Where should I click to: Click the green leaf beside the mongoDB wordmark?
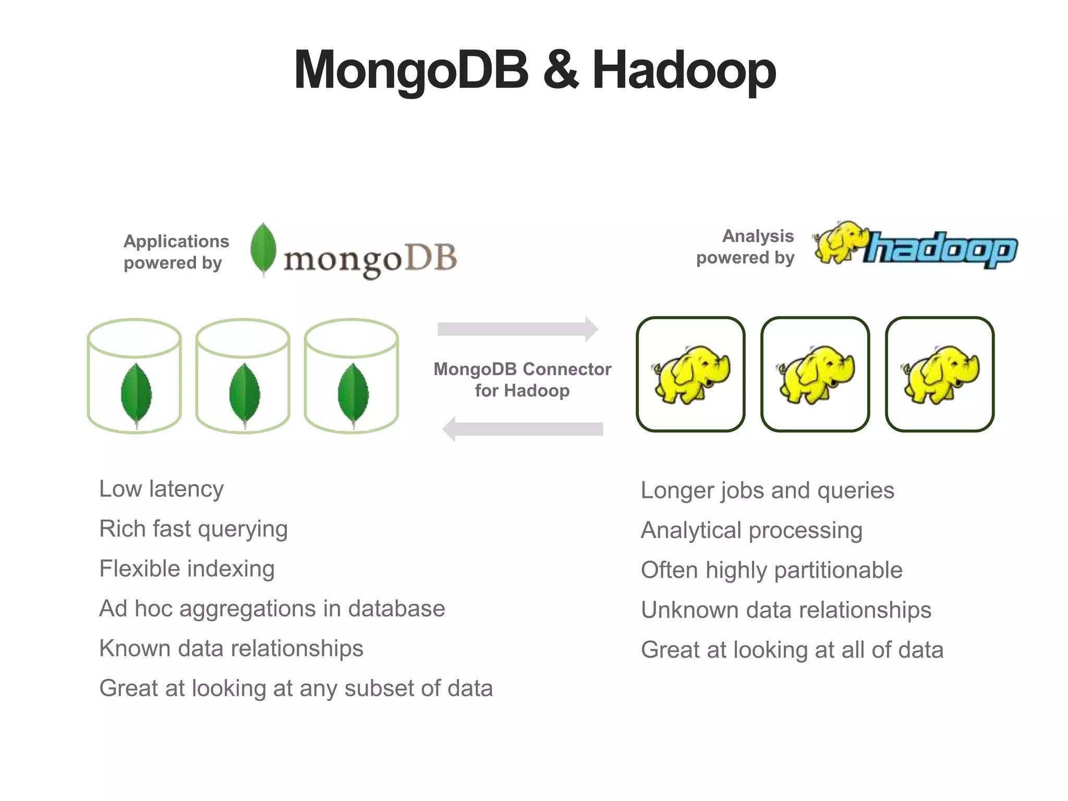pyautogui.click(x=263, y=249)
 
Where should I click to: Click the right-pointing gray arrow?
pyautogui.click(x=518, y=329)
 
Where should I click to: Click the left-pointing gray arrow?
pyautogui.click(x=523, y=429)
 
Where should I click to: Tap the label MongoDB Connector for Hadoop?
pyautogui.click(x=522, y=380)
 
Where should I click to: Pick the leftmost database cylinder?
pyautogui.click(x=135, y=376)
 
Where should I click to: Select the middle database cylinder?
pyautogui.click(x=243, y=376)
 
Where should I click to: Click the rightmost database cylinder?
pyautogui.click(x=351, y=376)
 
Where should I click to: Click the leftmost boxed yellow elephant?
pyautogui.click(x=690, y=374)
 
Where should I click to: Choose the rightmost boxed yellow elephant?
pyautogui.click(x=940, y=374)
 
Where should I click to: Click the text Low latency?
pyautogui.click(x=161, y=489)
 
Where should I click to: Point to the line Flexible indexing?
pyautogui.click(x=187, y=569)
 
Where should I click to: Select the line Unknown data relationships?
pyautogui.click(x=786, y=610)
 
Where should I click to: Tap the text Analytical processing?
pyautogui.click(x=751, y=530)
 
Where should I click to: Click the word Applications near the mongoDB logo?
pyautogui.click(x=176, y=241)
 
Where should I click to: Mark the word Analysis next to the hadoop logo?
pyautogui.click(x=758, y=236)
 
